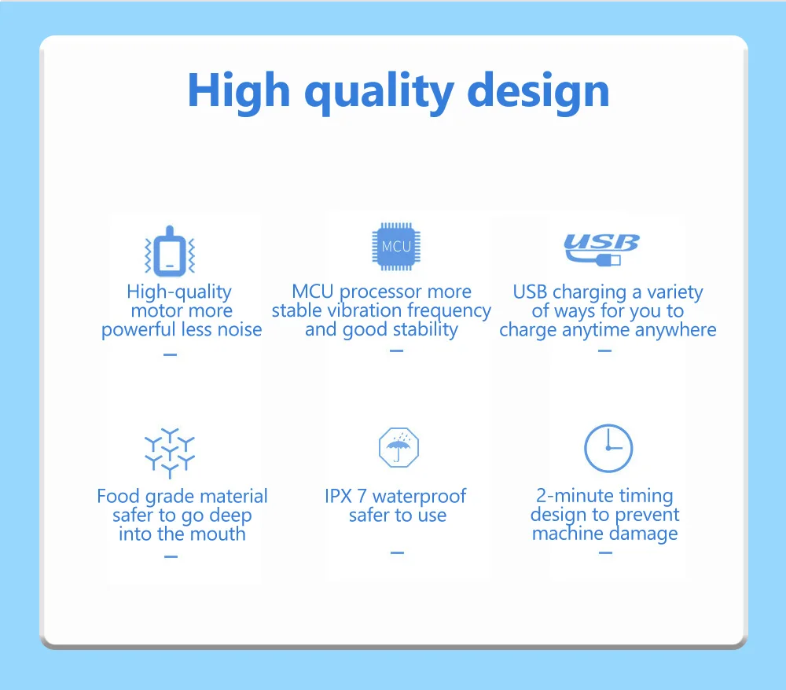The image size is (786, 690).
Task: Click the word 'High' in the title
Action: click(239, 91)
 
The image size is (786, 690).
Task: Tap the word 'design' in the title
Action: click(538, 91)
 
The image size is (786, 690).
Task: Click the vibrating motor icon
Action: click(170, 251)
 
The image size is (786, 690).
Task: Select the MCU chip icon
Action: click(396, 247)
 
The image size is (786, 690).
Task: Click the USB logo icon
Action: click(601, 249)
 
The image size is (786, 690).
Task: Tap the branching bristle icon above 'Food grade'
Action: click(170, 453)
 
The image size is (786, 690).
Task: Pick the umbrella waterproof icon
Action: click(399, 447)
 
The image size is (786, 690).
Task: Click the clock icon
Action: click(608, 448)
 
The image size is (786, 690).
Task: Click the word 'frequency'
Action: click(449, 311)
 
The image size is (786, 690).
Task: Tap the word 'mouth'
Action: click(218, 534)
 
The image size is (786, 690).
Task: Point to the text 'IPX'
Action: click(338, 496)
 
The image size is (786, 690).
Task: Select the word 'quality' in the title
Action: click(380, 93)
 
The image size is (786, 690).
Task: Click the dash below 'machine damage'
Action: click(605, 552)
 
